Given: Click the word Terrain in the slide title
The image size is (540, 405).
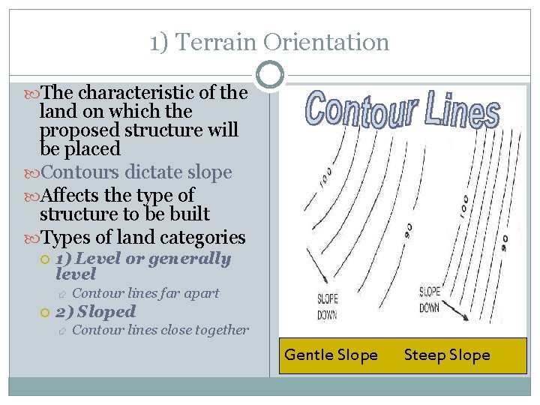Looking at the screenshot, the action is point(207,42).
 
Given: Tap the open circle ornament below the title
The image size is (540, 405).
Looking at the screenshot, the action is point(269,73).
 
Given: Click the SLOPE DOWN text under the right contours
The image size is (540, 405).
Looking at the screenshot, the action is point(430,299).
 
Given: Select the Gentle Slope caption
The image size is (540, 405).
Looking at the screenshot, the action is point(331,355).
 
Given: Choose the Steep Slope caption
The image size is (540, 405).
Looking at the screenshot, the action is point(447,355).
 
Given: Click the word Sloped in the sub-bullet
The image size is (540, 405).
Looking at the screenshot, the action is point(106,311).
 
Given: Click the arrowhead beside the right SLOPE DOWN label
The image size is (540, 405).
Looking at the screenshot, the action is point(467,318).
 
